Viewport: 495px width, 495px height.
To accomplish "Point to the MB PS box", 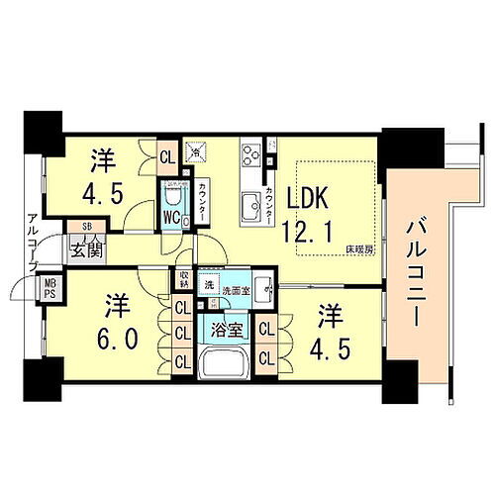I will (x=47, y=292).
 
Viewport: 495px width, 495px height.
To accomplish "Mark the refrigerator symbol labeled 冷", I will (x=196, y=151).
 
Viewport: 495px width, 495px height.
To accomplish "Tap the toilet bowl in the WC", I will (x=179, y=192).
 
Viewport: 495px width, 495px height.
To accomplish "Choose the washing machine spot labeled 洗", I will (x=207, y=284).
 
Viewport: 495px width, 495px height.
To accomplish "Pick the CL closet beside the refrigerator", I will (x=167, y=153).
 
